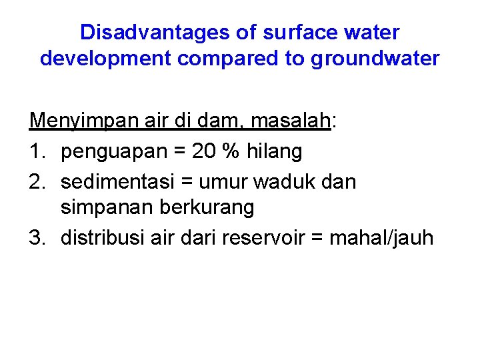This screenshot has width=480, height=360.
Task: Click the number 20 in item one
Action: (203, 151)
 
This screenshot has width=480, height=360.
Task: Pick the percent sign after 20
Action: (232, 151)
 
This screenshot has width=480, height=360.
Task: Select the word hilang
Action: (275, 151)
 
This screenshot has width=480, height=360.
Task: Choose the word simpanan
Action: (107, 208)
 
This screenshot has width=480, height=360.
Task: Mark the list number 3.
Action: (35, 237)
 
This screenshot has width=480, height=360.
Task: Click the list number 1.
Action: (35, 151)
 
